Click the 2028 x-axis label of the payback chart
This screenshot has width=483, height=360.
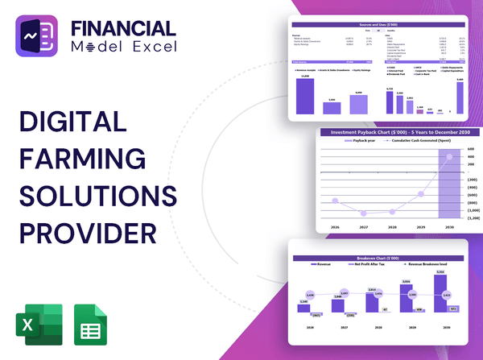click(x=394, y=228)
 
